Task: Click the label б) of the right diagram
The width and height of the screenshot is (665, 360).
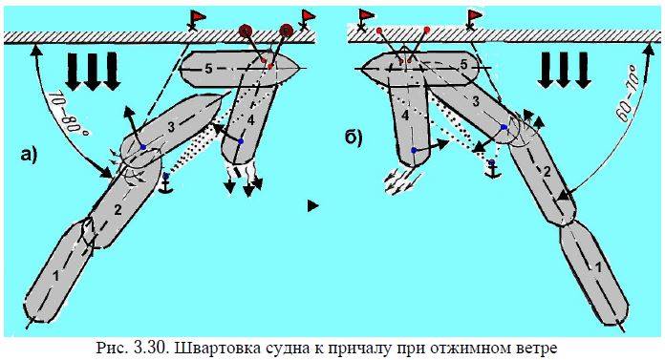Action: (354, 138)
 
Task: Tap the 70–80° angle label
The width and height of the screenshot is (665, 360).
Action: (67, 113)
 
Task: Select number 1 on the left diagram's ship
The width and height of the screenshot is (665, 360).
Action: (55, 276)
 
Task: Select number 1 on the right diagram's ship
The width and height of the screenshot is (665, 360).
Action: (598, 267)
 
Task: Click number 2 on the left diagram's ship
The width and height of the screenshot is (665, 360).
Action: (118, 209)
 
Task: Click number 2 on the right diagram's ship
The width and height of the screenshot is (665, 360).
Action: (547, 172)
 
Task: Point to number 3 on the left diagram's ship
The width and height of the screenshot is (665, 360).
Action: (171, 127)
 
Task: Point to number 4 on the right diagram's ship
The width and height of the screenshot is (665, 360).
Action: (405, 115)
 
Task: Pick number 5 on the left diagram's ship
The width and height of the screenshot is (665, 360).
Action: (208, 69)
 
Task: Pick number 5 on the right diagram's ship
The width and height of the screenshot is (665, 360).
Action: (463, 65)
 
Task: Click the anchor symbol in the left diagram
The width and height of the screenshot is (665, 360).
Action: (165, 184)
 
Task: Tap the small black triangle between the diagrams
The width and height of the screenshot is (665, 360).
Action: (312, 206)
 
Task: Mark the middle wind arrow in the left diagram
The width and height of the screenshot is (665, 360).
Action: (92, 72)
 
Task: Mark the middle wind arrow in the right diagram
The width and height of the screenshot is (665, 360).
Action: (563, 71)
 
